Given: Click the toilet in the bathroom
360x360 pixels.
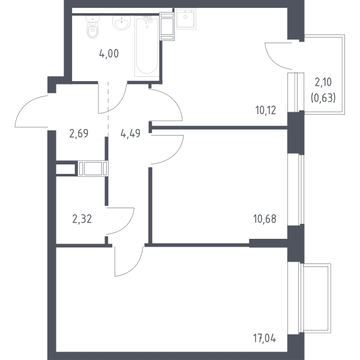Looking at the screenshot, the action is [93, 27].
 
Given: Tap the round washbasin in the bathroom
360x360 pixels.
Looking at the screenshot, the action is [122, 23].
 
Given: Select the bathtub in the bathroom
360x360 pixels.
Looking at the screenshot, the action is [147, 46].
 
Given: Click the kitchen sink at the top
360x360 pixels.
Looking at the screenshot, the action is [185, 19].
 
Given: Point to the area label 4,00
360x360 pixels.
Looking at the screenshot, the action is [109, 54].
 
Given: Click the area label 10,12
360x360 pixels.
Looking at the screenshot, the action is [266, 110].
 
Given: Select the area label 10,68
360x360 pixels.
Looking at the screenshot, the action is [265, 219].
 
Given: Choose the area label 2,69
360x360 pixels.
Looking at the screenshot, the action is [79, 133].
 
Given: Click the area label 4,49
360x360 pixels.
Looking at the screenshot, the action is [130, 133].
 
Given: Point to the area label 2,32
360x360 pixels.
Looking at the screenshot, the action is [82, 219].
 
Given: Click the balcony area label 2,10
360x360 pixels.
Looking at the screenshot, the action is [323, 82].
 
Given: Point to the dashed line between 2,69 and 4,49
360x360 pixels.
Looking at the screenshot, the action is [108, 109].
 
